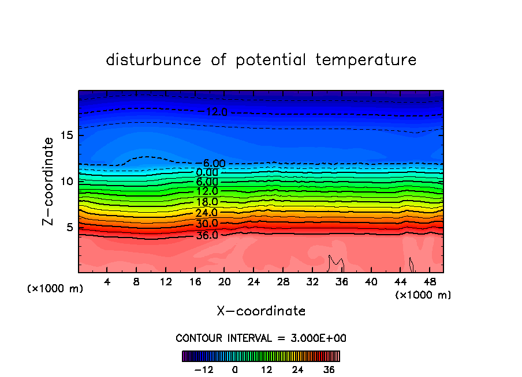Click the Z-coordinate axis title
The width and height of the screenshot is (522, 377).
pyautogui.click(x=49, y=181)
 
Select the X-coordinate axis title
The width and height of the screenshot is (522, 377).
pyautogui.click(x=261, y=311)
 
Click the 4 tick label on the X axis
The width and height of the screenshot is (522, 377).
pyautogui.click(x=107, y=282)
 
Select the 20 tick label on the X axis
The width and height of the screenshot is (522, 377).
pyautogui.click(x=225, y=282)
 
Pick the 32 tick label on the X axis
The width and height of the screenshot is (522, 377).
pyautogui.click(x=312, y=282)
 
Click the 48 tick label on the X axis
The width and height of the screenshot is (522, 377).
pyautogui.click(x=430, y=282)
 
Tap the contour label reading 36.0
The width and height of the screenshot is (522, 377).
pyautogui.click(x=207, y=235)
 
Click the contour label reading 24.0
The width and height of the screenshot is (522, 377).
pyautogui.click(x=207, y=213)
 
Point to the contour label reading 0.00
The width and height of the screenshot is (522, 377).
pyautogui.click(x=207, y=172)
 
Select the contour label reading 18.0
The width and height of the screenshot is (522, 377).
pyautogui.click(x=207, y=202)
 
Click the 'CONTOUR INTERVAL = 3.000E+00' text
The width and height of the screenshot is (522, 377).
pyautogui.click(x=261, y=338)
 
